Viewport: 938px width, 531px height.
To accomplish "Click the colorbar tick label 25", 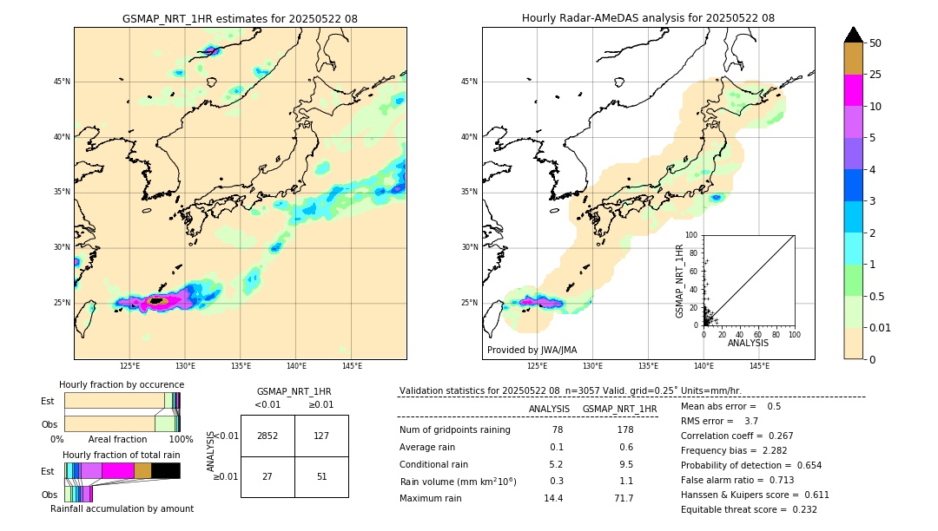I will [875, 75].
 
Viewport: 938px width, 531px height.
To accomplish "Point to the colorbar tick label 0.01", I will [881, 327].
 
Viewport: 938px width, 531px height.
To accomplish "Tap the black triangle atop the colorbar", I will [854, 35].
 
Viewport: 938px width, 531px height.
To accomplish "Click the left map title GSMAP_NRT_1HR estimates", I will [240, 18].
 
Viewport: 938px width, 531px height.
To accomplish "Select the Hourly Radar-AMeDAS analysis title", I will [648, 18].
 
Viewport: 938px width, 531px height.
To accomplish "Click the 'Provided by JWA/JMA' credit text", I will [532, 350].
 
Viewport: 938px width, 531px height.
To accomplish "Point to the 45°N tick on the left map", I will [62, 82].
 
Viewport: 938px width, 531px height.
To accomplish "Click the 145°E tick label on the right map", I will [759, 366].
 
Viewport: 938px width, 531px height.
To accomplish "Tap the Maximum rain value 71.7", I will [624, 498].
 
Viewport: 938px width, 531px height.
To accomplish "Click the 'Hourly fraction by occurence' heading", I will [122, 384].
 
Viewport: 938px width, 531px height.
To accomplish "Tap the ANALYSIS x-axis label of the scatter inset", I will [748, 343].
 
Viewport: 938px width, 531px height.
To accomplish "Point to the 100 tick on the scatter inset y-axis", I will [692, 235].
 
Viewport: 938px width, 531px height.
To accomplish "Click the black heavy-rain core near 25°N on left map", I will [156, 301].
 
